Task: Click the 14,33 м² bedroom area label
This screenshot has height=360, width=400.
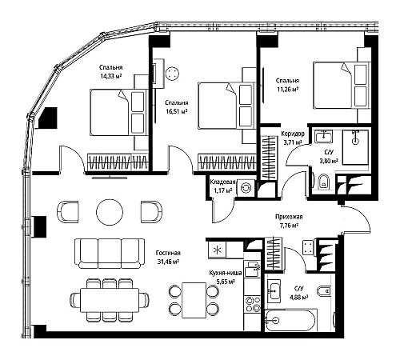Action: click(110, 76)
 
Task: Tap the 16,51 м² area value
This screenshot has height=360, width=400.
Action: click(177, 111)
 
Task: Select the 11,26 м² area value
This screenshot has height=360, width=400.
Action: click(287, 89)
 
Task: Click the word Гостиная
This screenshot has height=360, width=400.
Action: click(168, 253)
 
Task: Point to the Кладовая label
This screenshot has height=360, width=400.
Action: click(222, 182)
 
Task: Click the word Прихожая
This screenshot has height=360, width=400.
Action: click(289, 217)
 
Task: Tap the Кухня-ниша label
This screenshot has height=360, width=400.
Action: click(226, 273)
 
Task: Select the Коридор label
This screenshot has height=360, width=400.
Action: click(293, 134)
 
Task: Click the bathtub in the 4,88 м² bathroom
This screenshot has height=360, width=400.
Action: click(291, 320)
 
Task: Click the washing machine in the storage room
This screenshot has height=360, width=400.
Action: click(245, 188)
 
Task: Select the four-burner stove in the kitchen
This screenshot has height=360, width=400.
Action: click(253, 304)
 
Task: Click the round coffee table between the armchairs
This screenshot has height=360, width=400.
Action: click(110, 212)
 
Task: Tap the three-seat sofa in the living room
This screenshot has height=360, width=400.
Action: click(110, 254)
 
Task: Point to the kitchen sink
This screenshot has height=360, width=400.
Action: click(252, 270)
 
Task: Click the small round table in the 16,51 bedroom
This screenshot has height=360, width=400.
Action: click(172, 73)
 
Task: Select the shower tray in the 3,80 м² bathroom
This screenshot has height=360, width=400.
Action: click(355, 147)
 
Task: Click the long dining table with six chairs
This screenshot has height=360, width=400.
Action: click(110, 300)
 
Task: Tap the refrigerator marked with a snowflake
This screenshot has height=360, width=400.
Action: click(217, 250)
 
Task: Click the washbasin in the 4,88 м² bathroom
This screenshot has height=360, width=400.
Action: click(274, 291)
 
